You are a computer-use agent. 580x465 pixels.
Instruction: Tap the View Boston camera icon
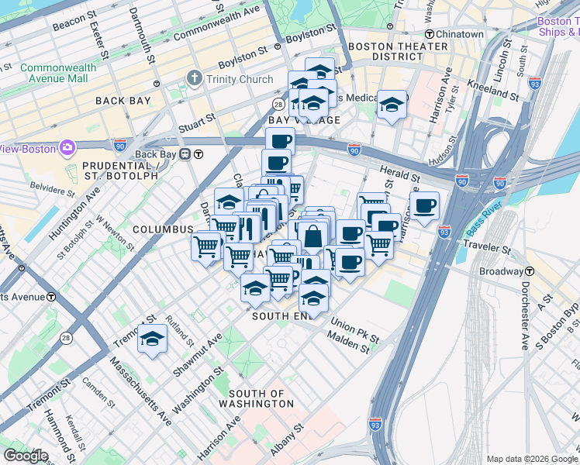click(67, 147)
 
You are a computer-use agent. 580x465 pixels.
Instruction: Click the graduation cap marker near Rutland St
click(152, 339)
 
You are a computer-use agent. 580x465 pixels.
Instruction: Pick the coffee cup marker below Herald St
click(424, 207)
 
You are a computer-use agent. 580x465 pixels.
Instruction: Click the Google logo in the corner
click(26, 456)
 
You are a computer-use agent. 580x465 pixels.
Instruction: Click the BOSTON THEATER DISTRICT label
click(399, 51)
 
